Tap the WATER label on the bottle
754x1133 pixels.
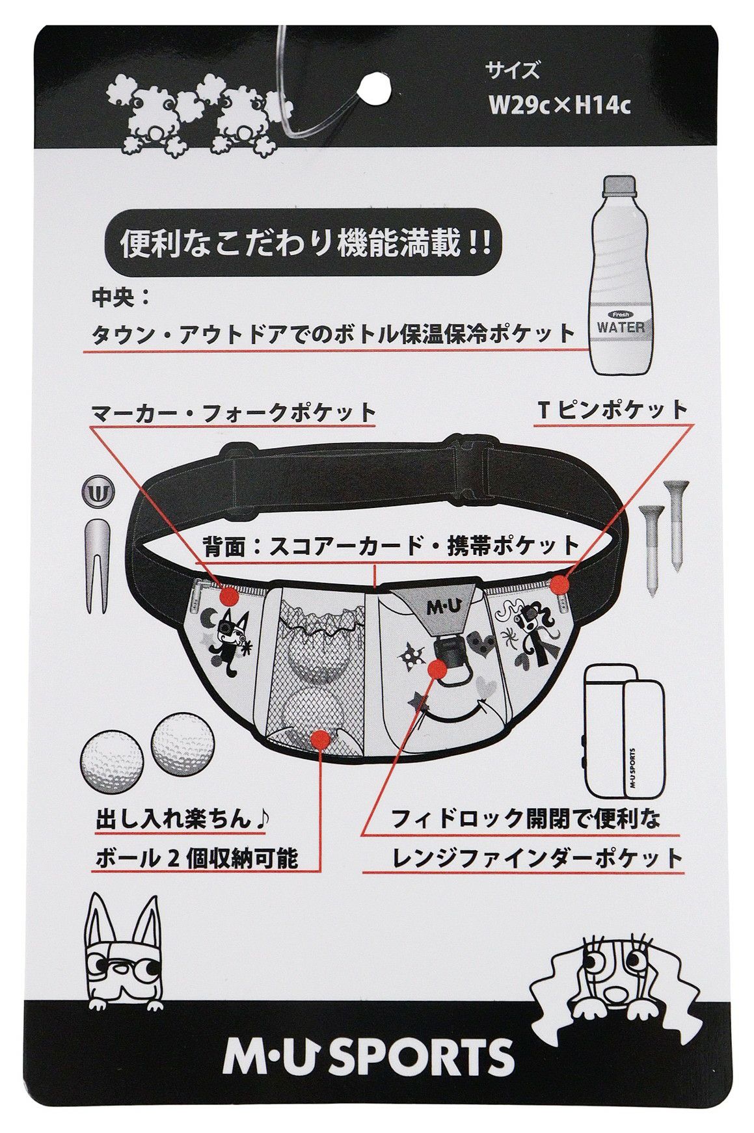621,327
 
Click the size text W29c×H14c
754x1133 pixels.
560,105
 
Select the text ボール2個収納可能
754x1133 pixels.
197,859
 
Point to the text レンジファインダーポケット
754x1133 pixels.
537,859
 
